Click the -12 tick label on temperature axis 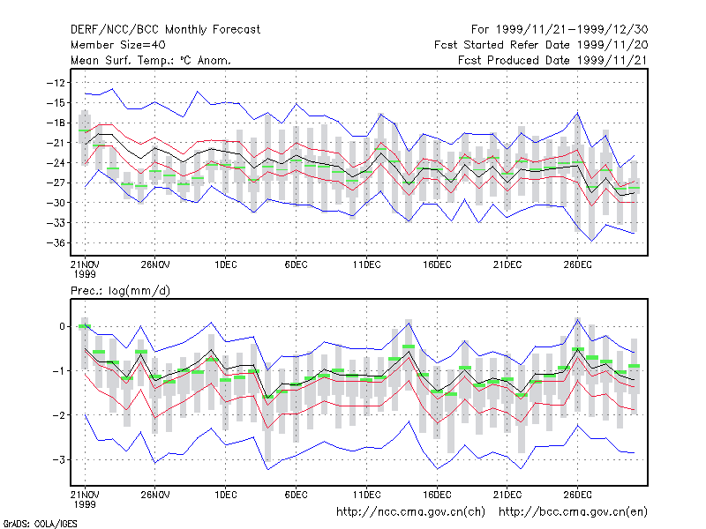tap(56, 83)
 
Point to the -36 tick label tap(56, 243)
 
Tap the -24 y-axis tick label tap(56, 163)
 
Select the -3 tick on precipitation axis tap(58, 459)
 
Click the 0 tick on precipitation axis tap(62, 326)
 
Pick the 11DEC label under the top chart tap(366, 264)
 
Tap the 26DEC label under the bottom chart tap(577, 495)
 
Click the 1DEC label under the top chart tap(226, 264)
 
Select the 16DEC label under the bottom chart tap(437, 495)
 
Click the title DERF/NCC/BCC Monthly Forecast tap(165, 30)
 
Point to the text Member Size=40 tap(118, 45)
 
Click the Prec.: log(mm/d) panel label tap(120, 291)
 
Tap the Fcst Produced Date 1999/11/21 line tap(552, 60)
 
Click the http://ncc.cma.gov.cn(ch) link tap(410, 512)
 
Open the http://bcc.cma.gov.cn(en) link tap(573, 512)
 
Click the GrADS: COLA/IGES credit tap(40, 524)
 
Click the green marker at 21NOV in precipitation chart tap(85, 326)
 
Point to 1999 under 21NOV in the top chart tap(85, 274)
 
